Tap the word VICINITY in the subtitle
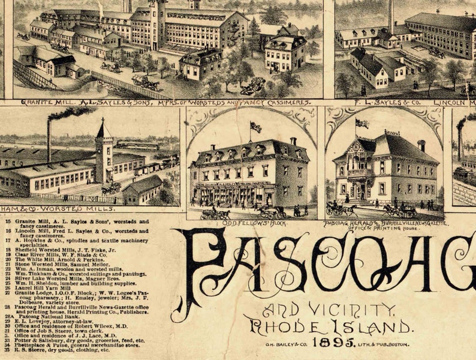pyautogui.click(x=354, y=310)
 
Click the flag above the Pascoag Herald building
pyautogui.click(x=362, y=123)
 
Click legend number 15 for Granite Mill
pyautogui.click(x=8, y=221)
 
